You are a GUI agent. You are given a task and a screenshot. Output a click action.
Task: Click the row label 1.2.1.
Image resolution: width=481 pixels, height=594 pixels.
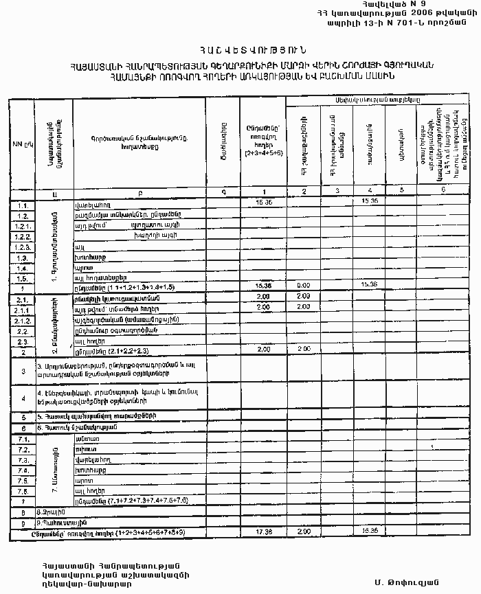pyautogui.click(x=22, y=225)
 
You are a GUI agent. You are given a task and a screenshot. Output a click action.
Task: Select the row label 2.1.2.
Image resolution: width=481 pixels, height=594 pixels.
pyautogui.click(x=22, y=319)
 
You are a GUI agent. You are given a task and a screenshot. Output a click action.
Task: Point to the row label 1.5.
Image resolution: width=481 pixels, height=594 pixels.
pyautogui.click(x=22, y=278)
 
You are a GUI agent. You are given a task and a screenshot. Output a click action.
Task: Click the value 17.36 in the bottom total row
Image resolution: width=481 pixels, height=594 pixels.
pyautogui.click(x=263, y=532)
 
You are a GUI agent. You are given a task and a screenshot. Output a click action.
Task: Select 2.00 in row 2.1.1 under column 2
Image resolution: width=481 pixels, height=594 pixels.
pyautogui.click(x=303, y=307)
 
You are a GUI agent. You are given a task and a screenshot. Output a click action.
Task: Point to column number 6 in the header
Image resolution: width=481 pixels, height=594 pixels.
pyautogui.click(x=443, y=190)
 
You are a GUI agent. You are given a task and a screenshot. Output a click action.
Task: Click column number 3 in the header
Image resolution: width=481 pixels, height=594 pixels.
pyautogui.click(x=337, y=190)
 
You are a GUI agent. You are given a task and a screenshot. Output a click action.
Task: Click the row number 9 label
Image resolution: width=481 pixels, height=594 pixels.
pyautogui.click(x=23, y=523)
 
